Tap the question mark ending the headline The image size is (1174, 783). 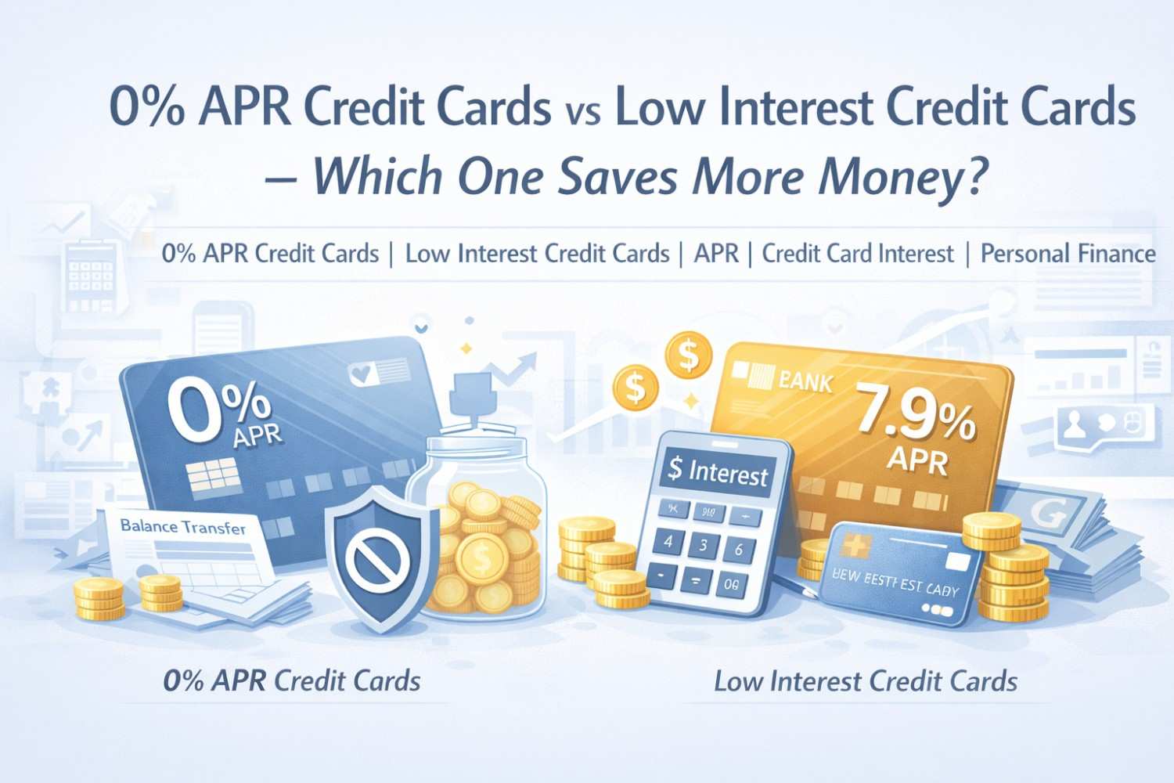pyautogui.click(x=969, y=177)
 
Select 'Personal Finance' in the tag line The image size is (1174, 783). pyautogui.click(x=1068, y=254)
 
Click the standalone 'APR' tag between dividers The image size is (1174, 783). pyautogui.click(x=716, y=254)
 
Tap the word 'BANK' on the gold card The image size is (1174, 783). pyautogui.click(x=806, y=382)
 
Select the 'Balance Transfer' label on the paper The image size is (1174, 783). pyautogui.click(x=183, y=527)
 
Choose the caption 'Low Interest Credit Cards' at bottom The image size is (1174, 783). pyautogui.click(x=866, y=681)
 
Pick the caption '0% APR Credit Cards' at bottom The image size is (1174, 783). pyautogui.click(x=292, y=681)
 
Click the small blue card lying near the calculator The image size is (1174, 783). pyautogui.click(x=901, y=576)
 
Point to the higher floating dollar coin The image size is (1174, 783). pyautogui.click(x=688, y=355)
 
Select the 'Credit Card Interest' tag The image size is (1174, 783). pyautogui.click(x=858, y=254)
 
